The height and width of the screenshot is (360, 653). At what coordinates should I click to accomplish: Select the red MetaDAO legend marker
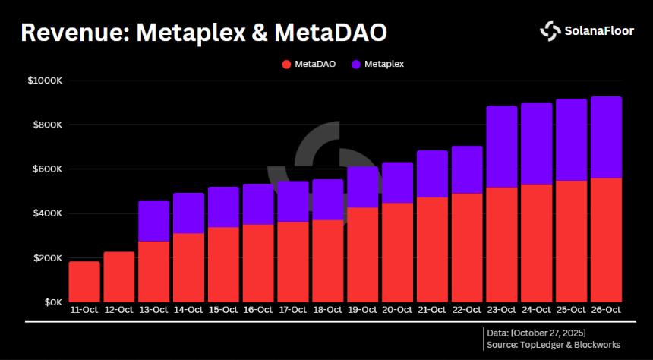(x=286, y=65)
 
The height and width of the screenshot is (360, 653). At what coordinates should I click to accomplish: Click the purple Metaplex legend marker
(x=356, y=65)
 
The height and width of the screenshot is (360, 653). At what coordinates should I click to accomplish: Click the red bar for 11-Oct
(x=84, y=282)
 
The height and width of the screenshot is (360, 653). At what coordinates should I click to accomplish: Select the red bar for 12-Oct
(x=119, y=277)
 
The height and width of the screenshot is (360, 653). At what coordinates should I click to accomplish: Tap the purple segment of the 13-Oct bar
(x=153, y=221)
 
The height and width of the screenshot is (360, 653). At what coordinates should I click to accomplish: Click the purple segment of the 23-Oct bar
(x=502, y=147)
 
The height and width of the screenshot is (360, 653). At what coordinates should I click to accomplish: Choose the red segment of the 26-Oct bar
(x=607, y=240)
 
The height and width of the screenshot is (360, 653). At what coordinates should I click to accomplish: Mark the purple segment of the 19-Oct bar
(x=363, y=187)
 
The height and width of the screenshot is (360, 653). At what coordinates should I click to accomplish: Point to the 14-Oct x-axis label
(x=188, y=311)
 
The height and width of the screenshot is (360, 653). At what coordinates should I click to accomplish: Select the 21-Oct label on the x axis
(x=432, y=311)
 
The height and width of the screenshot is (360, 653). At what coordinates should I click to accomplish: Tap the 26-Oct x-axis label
(x=607, y=311)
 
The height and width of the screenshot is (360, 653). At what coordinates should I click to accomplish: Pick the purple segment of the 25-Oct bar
(x=572, y=140)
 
